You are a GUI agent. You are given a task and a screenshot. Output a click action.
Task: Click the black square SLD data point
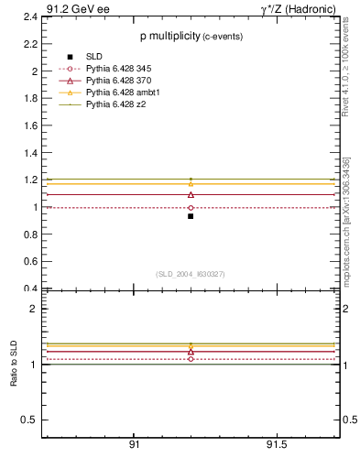coord(191,216)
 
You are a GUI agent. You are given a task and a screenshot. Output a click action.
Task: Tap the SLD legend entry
coord(95,57)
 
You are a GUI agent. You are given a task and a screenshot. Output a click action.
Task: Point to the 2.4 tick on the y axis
coord(30,16)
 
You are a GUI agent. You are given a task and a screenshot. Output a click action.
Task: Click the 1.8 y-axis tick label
coord(30,98)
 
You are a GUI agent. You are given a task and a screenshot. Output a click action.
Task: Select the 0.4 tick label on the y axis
coord(30,289)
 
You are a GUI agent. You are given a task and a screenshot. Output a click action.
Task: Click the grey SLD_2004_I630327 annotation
coord(191,274)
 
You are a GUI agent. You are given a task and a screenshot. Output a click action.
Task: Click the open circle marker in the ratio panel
coord(191,359)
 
